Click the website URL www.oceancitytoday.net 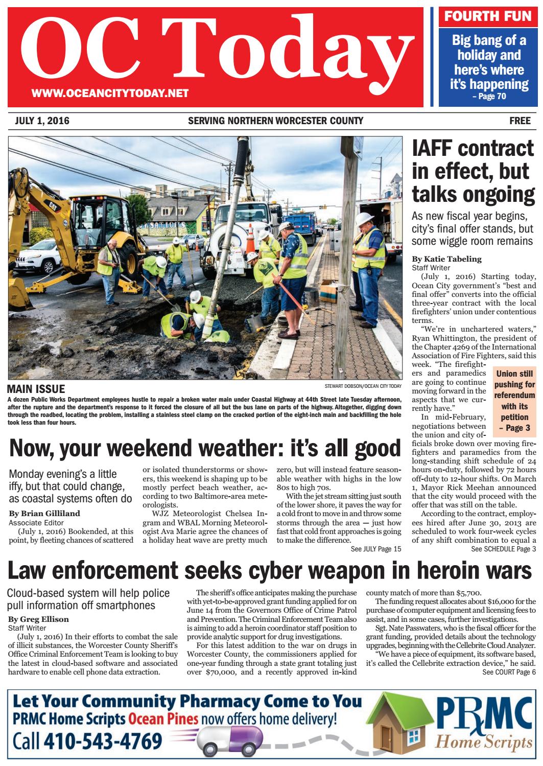click(x=110, y=93)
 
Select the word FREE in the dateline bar click(x=520, y=121)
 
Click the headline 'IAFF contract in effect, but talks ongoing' click(x=473, y=171)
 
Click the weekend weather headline click(x=205, y=449)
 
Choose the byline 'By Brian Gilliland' click(x=44, y=513)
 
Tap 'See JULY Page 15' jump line click(x=376, y=549)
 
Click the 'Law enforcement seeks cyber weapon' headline click(x=271, y=570)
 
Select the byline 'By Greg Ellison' click(x=39, y=619)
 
